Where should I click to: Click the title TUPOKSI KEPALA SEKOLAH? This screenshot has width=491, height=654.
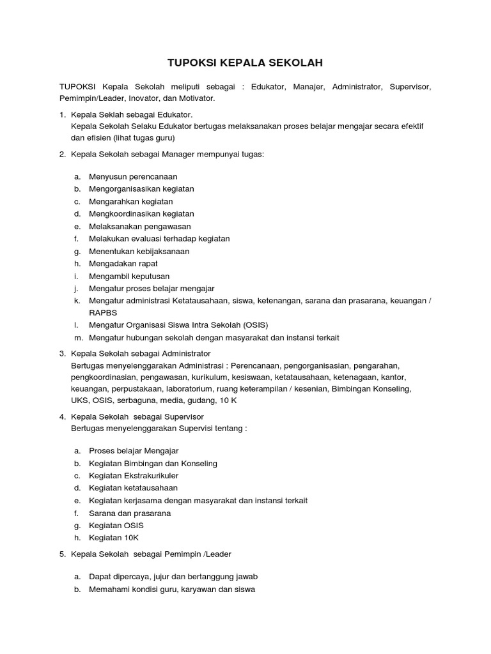coord(245,63)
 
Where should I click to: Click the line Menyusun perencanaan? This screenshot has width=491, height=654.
coord(133,176)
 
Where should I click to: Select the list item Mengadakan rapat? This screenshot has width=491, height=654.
coord(123,264)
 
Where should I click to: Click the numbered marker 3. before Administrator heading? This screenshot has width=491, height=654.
coord(63,353)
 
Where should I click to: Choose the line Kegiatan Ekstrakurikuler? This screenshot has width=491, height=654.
coord(134,476)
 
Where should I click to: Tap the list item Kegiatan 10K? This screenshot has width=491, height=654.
coord(114,538)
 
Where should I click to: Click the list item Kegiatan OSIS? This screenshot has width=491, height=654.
coord(116,526)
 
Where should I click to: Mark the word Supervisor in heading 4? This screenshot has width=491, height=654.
coord(184,416)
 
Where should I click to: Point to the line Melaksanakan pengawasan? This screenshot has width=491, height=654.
coord(140,226)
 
